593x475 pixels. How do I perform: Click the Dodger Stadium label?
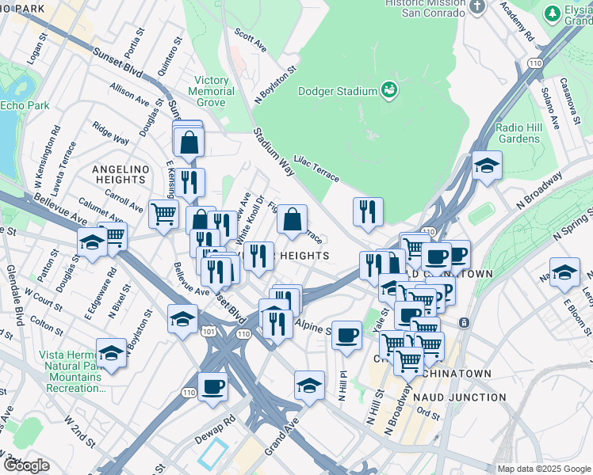coord(337,91)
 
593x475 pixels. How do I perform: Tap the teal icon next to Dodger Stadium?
coord(388,90)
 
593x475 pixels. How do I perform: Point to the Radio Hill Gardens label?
coord(518,133)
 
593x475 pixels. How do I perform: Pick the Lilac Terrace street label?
coord(316,166)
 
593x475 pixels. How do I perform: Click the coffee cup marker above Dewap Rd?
coord(212,387)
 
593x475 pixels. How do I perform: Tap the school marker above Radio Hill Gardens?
coord(487,165)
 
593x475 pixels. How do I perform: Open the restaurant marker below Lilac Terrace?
coord(368,211)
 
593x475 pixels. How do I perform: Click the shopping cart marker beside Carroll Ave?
coord(163,214)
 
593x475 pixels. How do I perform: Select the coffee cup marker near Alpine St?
coord(346,335)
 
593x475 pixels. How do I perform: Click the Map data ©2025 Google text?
coord(543,469)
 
